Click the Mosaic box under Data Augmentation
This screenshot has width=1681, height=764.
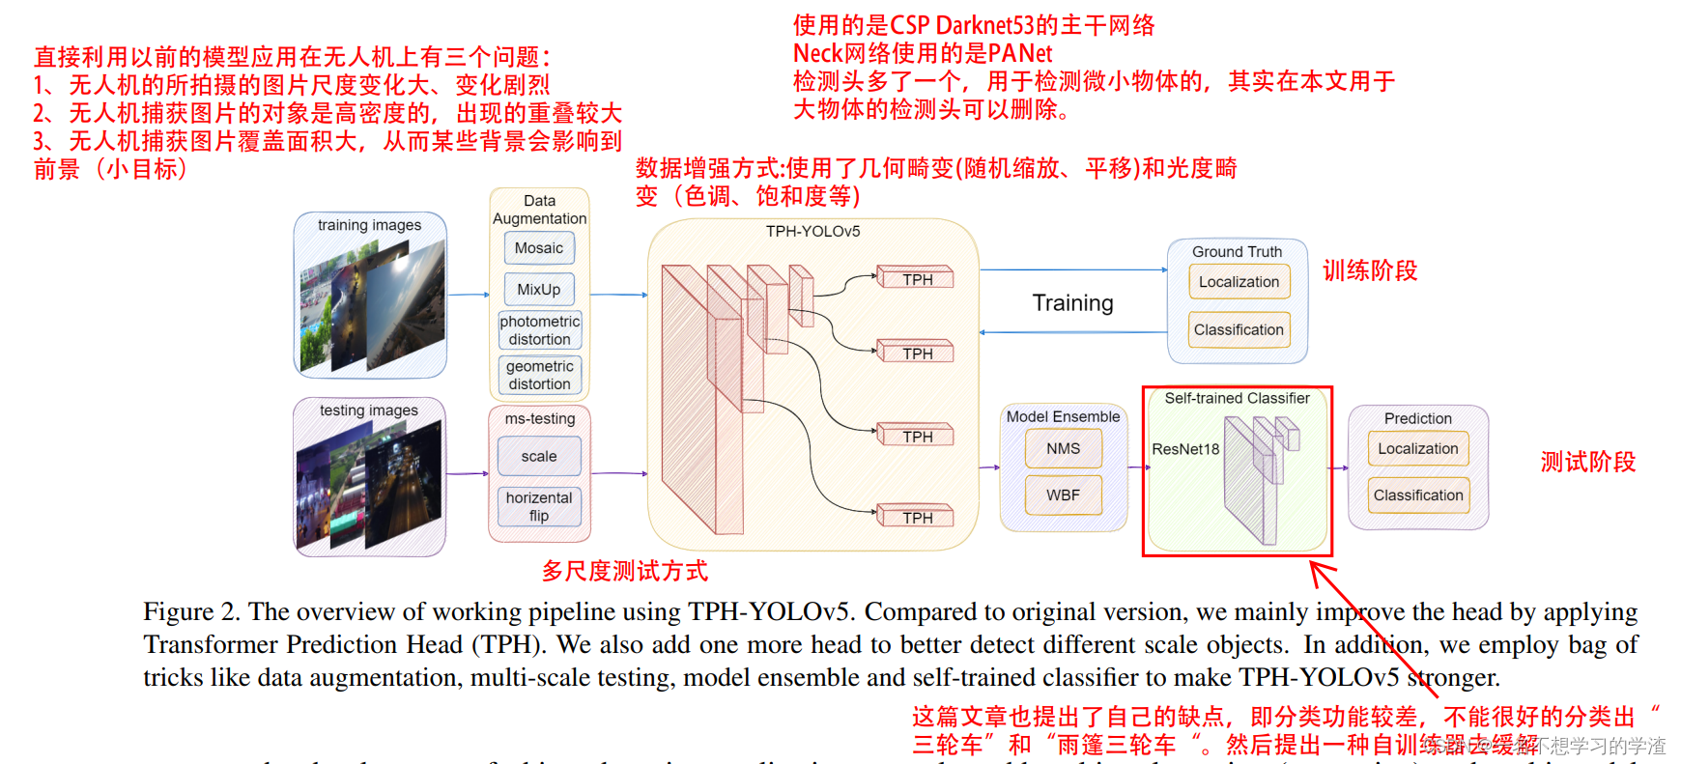pyautogui.click(x=539, y=248)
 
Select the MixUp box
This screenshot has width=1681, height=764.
pyautogui.click(x=539, y=290)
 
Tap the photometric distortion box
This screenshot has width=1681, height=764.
pyautogui.click(x=539, y=330)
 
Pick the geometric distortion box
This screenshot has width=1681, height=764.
pyautogui.click(x=539, y=375)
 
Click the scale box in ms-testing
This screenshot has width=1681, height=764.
pyautogui.click(x=539, y=456)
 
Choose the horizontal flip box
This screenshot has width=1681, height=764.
pyautogui.click(x=539, y=506)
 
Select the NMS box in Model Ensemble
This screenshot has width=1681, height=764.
pyautogui.click(x=1063, y=449)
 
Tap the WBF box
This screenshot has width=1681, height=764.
pyautogui.click(x=1063, y=495)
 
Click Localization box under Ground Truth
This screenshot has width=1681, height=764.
pyautogui.click(x=1239, y=282)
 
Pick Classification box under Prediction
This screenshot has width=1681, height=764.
pyautogui.click(x=1418, y=495)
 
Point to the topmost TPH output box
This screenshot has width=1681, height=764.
pyautogui.click(x=917, y=279)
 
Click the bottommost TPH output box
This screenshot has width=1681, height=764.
pyautogui.click(x=917, y=518)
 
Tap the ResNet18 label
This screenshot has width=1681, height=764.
pyautogui.click(x=1185, y=449)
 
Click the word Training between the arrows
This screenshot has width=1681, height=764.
pyautogui.click(x=1072, y=303)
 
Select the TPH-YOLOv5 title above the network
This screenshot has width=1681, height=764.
pyautogui.click(x=812, y=232)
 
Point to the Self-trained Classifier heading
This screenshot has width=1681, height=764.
pyautogui.click(x=1237, y=398)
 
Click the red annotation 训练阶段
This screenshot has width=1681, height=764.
pyautogui.click(x=1370, y=270)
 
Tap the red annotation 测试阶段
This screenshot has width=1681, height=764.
pyautogui.click(x=1587, y=462)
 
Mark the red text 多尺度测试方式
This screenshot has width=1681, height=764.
pyautogui.click(x=624, y=571)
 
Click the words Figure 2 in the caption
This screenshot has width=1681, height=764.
pyautogui.click(x=191, y=611)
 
